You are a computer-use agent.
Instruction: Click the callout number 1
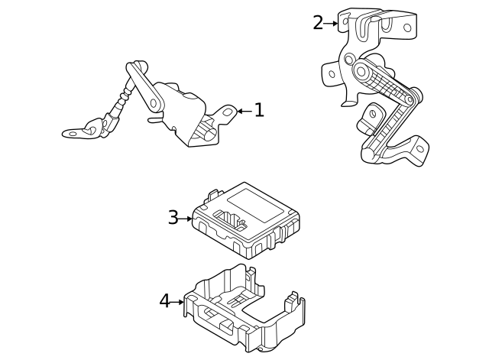(259, 111)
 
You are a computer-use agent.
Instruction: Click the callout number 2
(318, 23)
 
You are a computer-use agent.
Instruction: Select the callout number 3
(173, 219)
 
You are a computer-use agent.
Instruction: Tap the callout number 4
(165, 302)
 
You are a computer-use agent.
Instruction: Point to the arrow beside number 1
(242, 112)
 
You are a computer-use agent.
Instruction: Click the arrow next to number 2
(332, 24)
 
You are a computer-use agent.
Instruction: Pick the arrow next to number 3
(186, 219)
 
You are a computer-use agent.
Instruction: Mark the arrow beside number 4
(178, 302)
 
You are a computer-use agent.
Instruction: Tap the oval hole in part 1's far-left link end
(74, 133)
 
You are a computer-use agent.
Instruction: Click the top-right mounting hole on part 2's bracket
(407, 28)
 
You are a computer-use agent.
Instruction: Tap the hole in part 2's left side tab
(332, 74)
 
